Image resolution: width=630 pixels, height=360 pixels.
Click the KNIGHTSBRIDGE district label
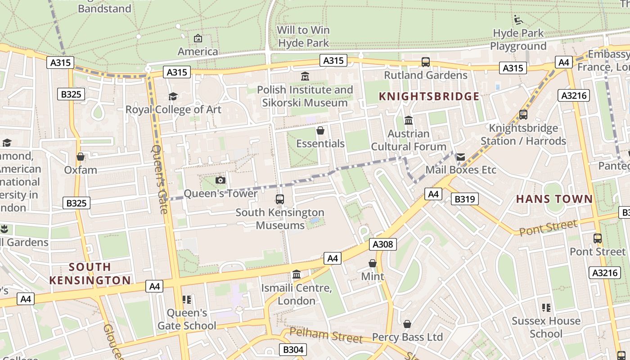[429, 96]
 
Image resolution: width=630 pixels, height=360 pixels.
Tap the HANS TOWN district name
[554, 199]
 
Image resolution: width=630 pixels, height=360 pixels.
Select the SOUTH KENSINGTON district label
[90, 274]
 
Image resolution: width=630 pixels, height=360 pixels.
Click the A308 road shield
[383, 244]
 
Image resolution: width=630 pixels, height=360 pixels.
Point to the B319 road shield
[464, 199]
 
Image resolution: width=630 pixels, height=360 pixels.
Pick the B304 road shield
[293, 350]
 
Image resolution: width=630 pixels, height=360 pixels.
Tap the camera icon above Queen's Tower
[220, 180]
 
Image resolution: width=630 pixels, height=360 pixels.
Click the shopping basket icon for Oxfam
[81, 157]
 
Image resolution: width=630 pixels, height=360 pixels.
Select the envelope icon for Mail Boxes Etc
[461, 157]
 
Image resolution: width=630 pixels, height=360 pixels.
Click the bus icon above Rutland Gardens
[425, 62]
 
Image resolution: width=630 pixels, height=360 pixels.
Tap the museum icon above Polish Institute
[305, 76]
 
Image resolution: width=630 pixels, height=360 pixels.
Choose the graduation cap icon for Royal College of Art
[173, 96]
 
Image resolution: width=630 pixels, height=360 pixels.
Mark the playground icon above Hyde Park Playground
[518, 20]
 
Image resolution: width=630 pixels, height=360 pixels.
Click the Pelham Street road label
[326, 335]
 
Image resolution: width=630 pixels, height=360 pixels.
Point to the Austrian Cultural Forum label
[409, 140]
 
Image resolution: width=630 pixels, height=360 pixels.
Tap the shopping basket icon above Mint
[373, 263]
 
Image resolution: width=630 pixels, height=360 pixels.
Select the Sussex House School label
[546, 327]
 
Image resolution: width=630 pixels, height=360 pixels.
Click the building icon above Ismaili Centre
[297, 274]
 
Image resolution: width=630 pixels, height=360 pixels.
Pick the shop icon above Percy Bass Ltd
[407, 324]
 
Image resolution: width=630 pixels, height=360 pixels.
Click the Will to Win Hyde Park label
[304, 36]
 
